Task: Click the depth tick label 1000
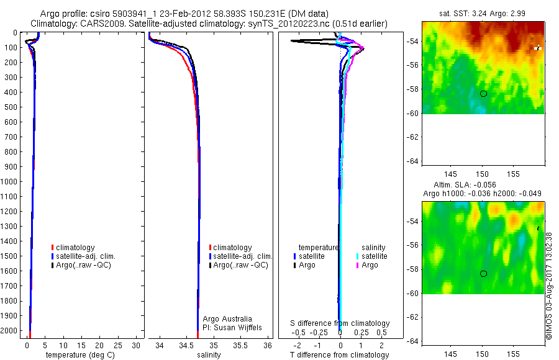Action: click(11, 182)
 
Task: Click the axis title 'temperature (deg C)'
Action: click(80, 355)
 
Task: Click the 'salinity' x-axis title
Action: click(209, 355)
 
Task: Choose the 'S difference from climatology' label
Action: click(340, 323)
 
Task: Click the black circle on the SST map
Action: click(483, 94)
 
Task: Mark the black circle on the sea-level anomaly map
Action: click(483, 274)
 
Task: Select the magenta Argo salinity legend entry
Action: click(366, 265)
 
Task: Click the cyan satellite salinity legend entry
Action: click(371, 256)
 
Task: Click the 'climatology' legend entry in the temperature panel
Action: click(74, 248)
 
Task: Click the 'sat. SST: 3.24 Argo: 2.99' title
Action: click(483, 12)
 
